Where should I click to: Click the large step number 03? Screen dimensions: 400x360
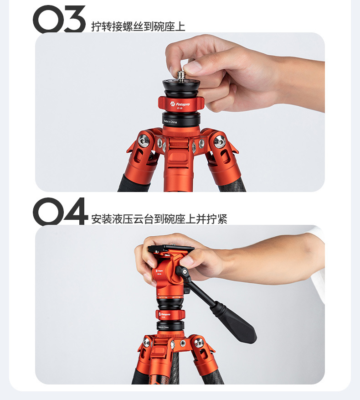click(x=59, y=19)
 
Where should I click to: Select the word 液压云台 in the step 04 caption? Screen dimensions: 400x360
click(x=132, y=219)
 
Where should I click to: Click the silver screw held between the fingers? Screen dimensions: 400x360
click(x=181, y=74)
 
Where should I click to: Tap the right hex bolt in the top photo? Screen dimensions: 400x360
click(x=219, y=141)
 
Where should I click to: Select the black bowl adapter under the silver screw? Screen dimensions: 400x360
click(x=180, y=87)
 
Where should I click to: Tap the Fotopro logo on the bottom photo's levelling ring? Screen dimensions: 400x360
click(x=170, y=314)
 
